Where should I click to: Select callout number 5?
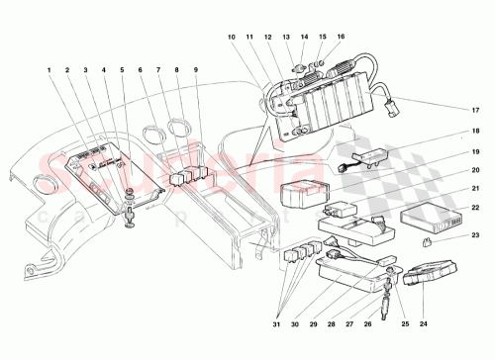[123, 70]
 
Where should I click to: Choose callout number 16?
[342, 37]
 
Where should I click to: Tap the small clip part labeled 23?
[426, 241]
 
